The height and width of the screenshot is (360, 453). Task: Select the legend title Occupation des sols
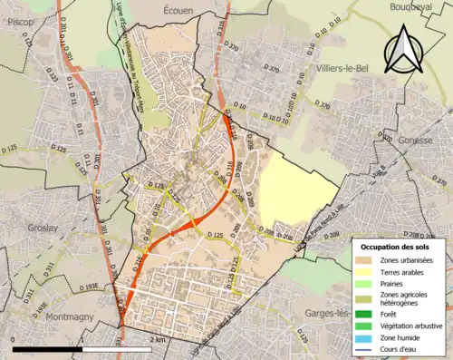396,247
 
